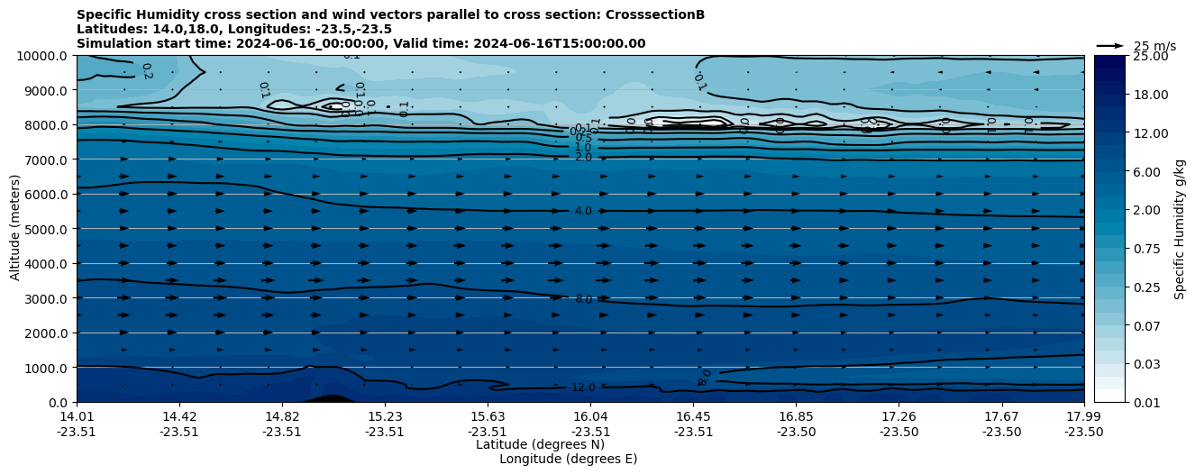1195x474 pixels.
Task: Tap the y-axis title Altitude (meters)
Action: [15, 229]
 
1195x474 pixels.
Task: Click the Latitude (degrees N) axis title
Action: [540, 444]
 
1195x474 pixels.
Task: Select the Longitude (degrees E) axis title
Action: [568, 459]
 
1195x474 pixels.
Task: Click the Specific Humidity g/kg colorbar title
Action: [1180, 229]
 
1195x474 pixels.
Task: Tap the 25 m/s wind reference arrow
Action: [1110, 45]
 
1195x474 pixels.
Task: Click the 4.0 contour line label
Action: [583, 211]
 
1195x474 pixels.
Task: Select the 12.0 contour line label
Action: [583, 387]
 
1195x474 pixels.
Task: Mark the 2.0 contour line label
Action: [583, 158]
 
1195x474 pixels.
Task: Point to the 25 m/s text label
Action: [1154, 46]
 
